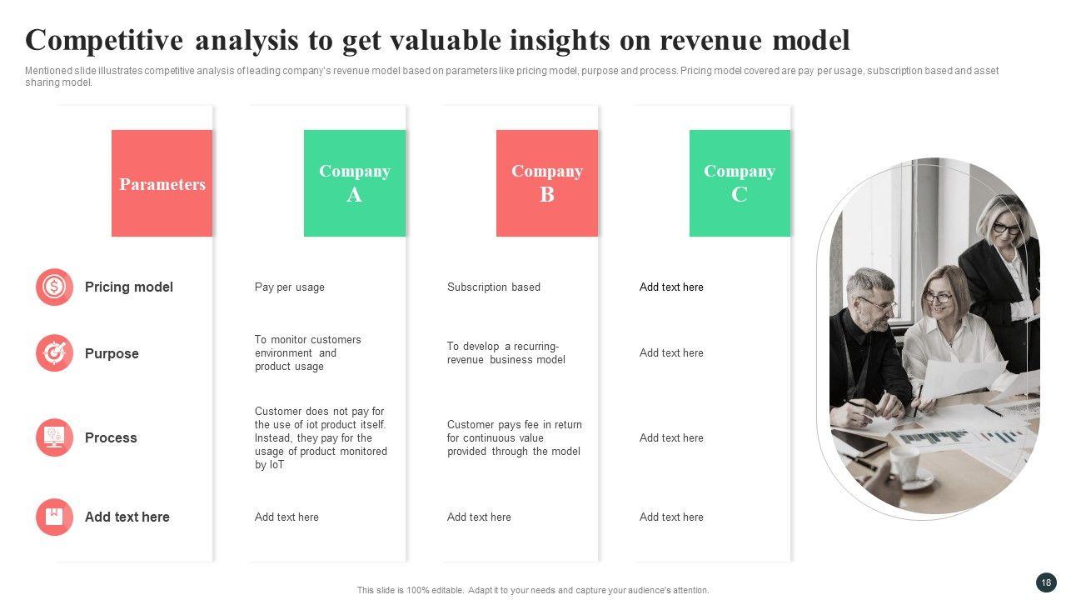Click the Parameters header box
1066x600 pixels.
pos(162,183)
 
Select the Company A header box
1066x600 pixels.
pos(355,183)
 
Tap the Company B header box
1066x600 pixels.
pos(547,183)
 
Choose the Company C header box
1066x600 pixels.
pos(740,183)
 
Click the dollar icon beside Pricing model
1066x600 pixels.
pos(54,287)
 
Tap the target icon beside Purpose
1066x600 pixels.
pos(54,352)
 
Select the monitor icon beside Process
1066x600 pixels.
pos(54,437)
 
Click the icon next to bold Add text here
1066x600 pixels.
pos(54,517)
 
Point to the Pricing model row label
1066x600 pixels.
pos(128,287)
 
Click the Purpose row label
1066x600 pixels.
pos(112,354)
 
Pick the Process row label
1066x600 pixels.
pos(111,437)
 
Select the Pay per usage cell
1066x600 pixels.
pos(289,287)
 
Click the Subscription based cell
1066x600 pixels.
pos(494,287)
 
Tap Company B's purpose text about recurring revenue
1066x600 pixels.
pos(506,352)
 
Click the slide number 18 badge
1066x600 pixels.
pos(1046,582)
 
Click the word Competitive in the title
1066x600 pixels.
pos(104,40)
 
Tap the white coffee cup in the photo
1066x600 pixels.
pos(904,464)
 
